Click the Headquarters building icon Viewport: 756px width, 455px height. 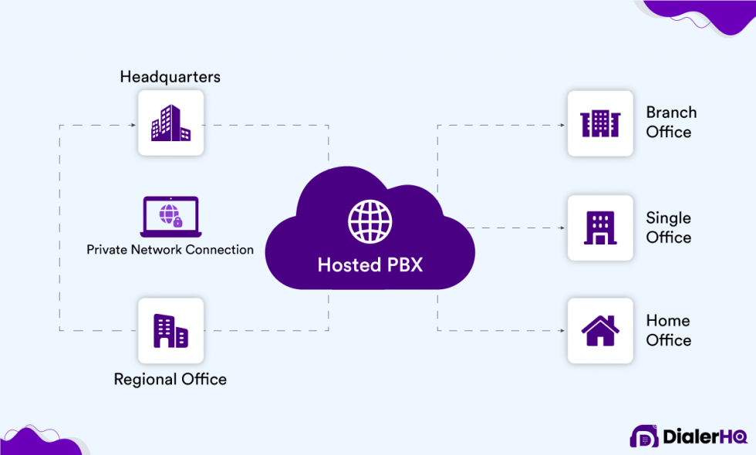(x=170, y=123)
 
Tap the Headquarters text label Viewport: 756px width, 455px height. (x=170, y=76)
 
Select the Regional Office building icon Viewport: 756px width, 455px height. (x=170, y=331)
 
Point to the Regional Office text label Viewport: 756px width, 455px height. (x=170, y=379)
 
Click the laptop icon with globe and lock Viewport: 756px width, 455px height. (x=170, y=216)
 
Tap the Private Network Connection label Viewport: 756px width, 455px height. (x=170, y=250)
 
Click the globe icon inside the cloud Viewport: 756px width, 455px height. (x=370, y=221)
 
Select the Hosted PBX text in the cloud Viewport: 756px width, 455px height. (x=370, y=265)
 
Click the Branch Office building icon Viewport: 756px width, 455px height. (x=599, y=123)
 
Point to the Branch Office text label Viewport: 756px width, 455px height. (x=670, y=122)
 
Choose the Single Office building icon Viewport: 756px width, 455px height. (x=599, y=228)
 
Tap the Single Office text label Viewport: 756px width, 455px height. (x=668, y=228)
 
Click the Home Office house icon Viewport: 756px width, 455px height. (x=599, y=331)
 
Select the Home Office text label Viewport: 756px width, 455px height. (x=668, y=330)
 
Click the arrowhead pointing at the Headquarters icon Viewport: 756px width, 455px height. (x=132, y=123)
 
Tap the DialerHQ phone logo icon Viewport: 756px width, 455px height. (x=644, y=436)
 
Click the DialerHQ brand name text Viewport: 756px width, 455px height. (x=704, y=437)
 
